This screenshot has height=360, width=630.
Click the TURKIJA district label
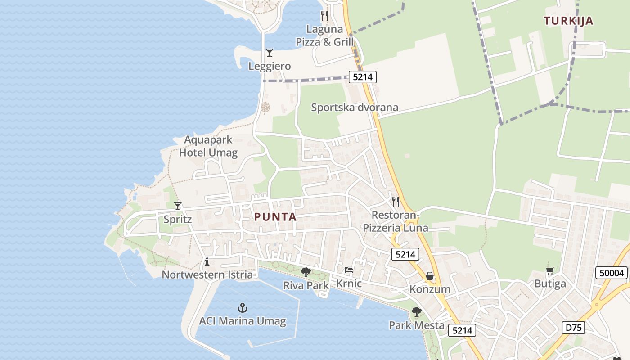click(x=568, y=21)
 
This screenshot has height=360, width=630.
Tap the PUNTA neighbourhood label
click(x=275, y=217)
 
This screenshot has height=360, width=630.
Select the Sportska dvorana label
click(x=355, y=108)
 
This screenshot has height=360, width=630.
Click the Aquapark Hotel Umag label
click(x=208, y=146)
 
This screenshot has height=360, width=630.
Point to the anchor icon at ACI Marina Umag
click(x=243, y=308)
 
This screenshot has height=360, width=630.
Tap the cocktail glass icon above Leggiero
click(x=269, y=53)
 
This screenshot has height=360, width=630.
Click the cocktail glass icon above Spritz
click(x=178, y=206)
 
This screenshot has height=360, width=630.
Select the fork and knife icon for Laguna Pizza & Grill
click(x=324, y=16)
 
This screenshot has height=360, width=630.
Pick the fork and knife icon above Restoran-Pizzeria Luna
click(x=395, y=201)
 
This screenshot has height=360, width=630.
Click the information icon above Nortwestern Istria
click(x=207, y=261)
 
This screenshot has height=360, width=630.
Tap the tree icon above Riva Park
click(x=306, y=272)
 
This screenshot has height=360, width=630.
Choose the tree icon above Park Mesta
click(x=417, y=311)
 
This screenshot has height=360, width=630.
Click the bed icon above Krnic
click(x=349, y=270)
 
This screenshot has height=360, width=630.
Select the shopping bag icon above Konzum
click(x=430, y=275)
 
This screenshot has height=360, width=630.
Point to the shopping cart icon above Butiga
click(x=550, y=270)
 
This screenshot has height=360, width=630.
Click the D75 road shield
click(x=573, y=328)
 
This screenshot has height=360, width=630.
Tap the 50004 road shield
click(x=612, y=273)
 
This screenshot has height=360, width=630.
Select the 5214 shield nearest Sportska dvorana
click(x=363, y=77)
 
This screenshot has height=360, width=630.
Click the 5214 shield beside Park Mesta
click(x=462, y=331)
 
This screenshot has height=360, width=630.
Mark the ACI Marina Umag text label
click(x=243, y=321)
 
